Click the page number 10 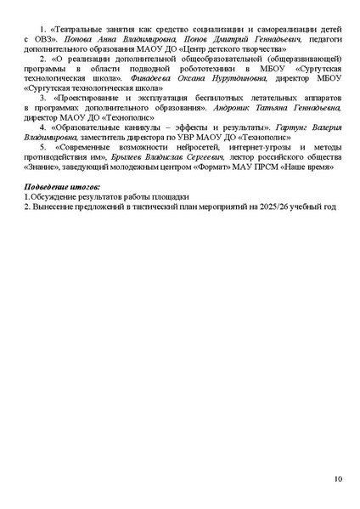pos(337,481)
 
